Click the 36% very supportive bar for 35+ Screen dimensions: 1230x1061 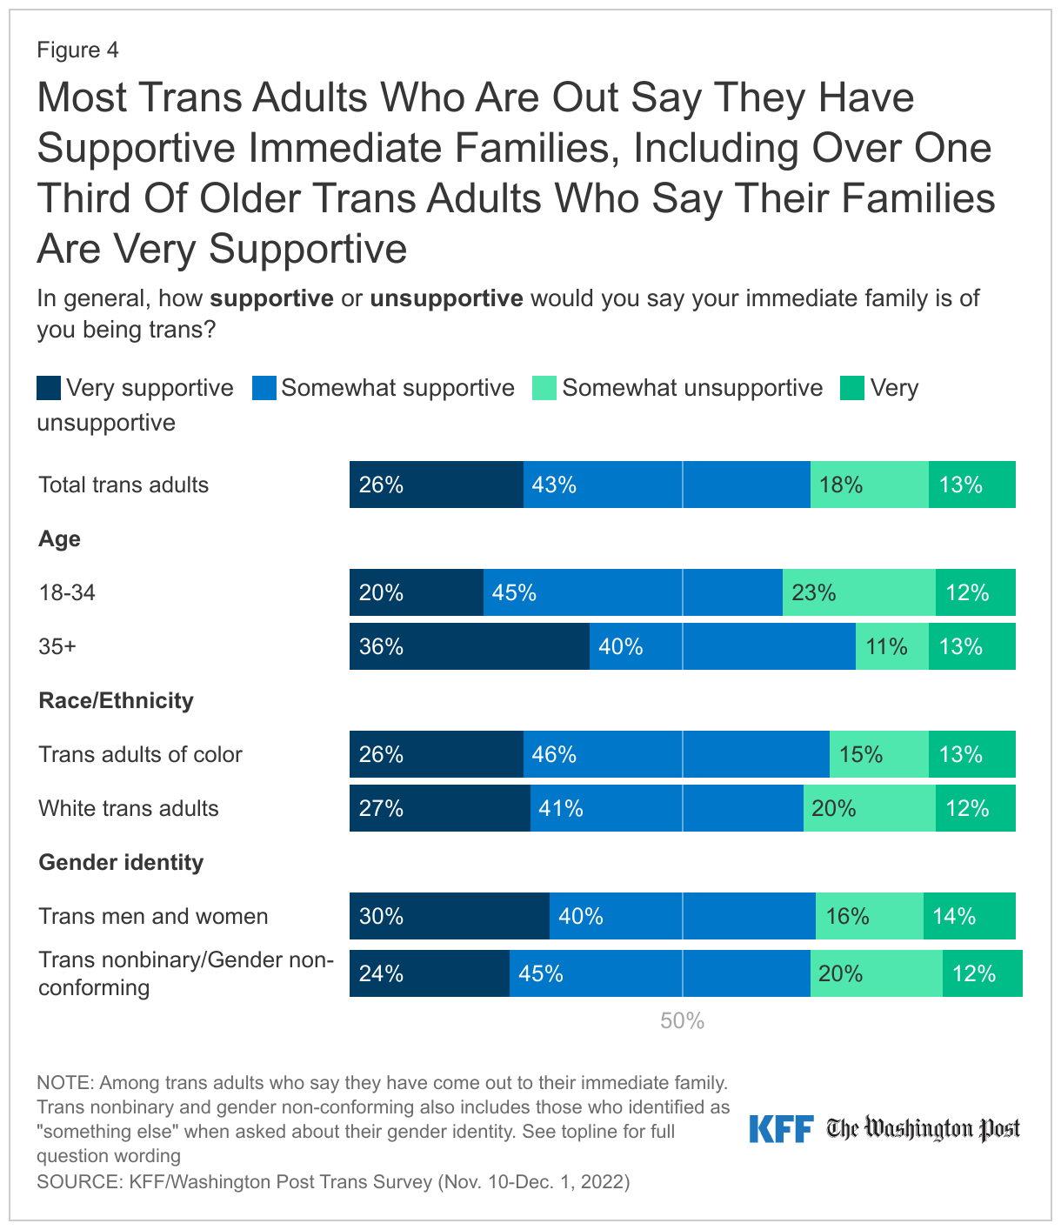[x=470, y=646]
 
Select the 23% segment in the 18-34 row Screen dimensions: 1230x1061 [x=859, y=592]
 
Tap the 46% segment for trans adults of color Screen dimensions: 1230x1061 [x=676, y=754]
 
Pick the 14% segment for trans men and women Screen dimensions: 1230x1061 [x=969, y=916]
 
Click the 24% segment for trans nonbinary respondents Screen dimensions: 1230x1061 [x=429, y=973]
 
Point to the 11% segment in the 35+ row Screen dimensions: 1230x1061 [x=891, y=646]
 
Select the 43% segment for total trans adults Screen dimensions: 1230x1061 [x=666, y=485]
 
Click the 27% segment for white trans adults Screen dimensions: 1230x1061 [x=439, y=808]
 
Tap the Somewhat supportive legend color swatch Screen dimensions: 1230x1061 [x=264, y=388]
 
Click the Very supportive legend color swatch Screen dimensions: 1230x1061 [x=49, y=388]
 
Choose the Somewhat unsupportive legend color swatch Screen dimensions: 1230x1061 [x=544, y=388]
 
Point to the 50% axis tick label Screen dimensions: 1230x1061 [x=682, y=1021]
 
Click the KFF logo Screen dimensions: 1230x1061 [x=781, y=1129]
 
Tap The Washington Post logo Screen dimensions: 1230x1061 [x=923, y=1129]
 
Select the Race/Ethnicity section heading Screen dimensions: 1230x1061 [x=116, y=700]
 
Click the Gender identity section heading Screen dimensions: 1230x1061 [x=121, y=862]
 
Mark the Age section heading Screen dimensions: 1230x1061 [x=59, y=538]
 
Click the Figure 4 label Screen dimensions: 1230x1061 [x=77, y=50]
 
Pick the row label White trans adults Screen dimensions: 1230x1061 [x=129, y=808]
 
